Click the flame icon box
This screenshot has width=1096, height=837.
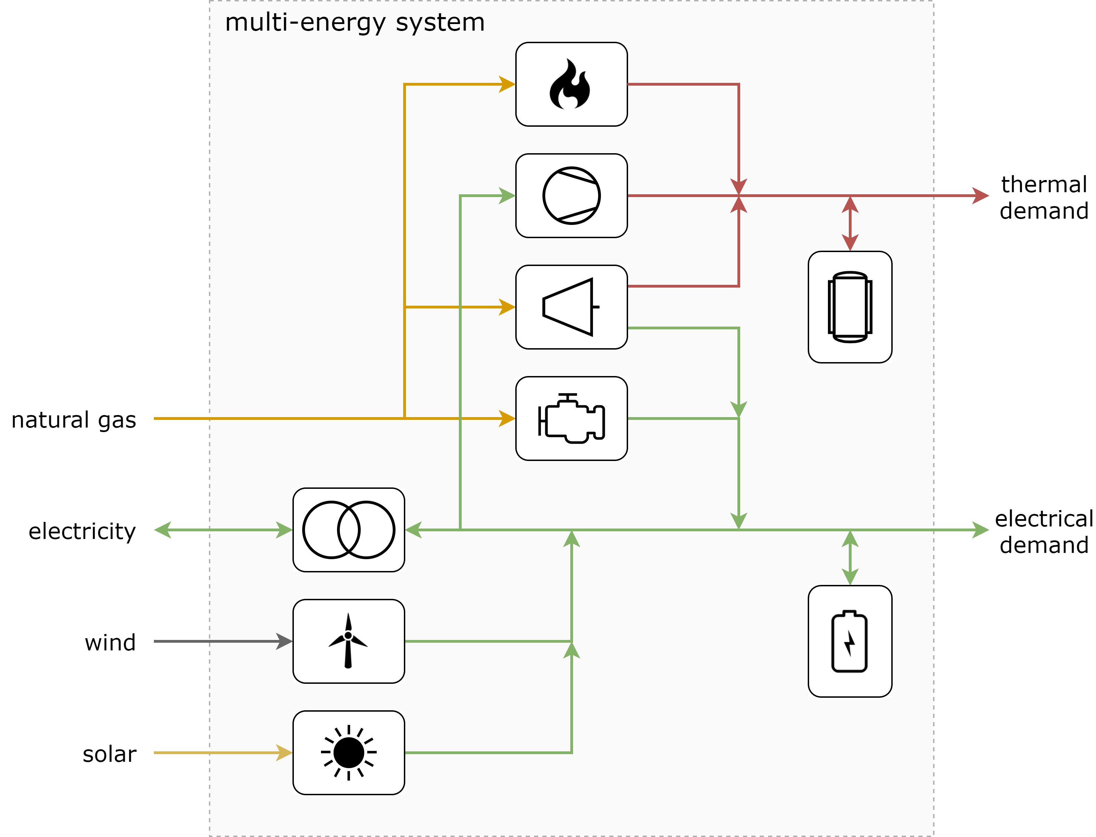point(571,84)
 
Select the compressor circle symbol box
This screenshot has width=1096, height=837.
point(571,195)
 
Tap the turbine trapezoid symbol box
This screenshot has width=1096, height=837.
point(571,307)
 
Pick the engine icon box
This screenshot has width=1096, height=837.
point(571,418)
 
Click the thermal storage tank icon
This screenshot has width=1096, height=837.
point(850,307)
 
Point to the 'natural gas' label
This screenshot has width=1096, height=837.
point(74,420)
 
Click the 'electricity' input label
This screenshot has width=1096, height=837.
point(82,531)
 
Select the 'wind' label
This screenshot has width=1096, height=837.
point(110,643)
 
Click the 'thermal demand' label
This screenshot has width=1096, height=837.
point(1044,197)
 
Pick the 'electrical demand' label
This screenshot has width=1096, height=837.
point(1044,532)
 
